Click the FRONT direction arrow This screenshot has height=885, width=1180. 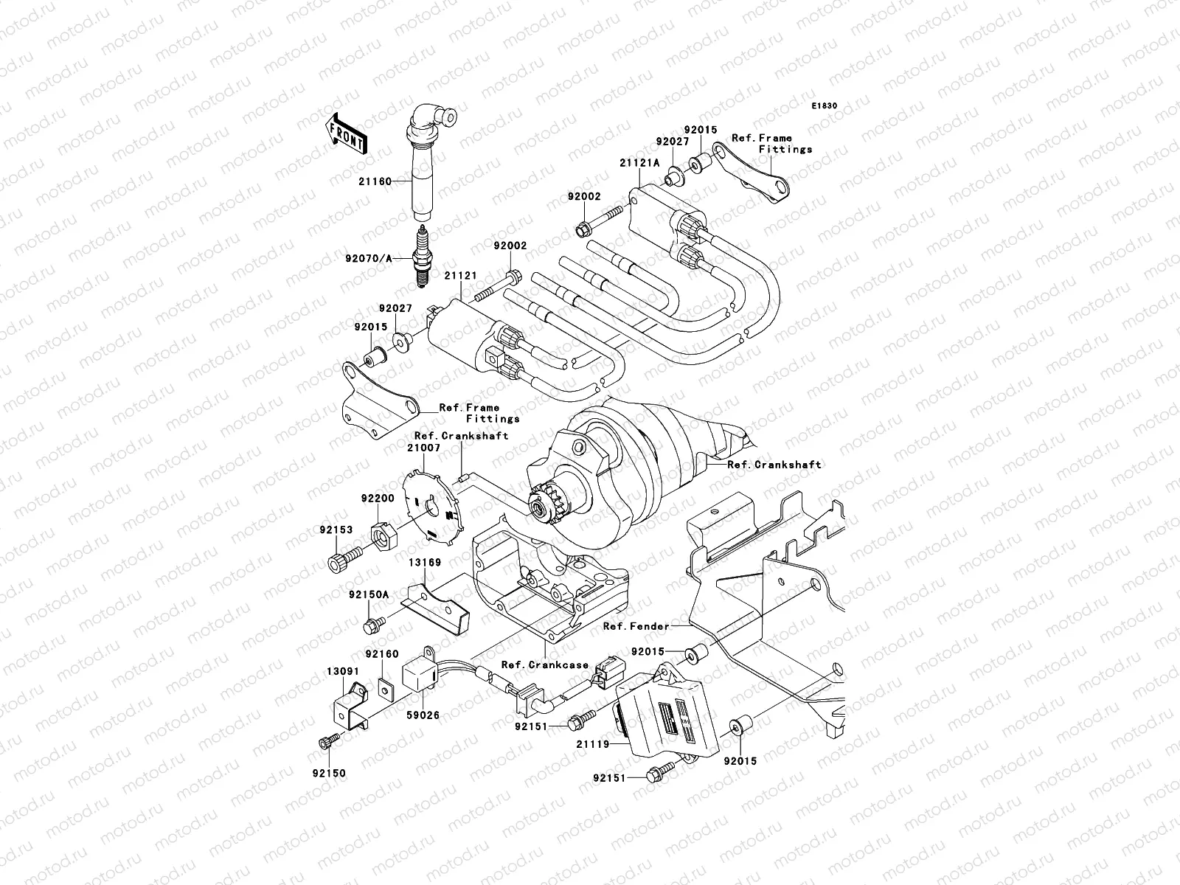(346, 134)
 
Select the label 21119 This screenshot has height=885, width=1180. (593, 744)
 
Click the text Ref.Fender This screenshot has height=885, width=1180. (636, 626)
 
